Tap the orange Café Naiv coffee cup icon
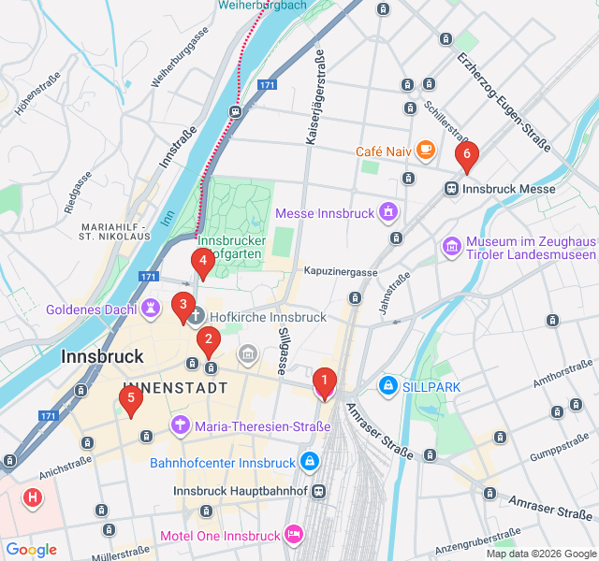pyautogui.click(x=425, y=150)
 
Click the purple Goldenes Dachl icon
pyautogui.click(x=151, y=308)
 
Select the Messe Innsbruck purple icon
pyautogui.click(x=387, y=213)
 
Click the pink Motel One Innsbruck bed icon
pyautogui.click(x=294, y=535)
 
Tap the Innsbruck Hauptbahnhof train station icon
pyautogui.click(x=320, y=491)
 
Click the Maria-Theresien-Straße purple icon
pyautogui.click(x=180, y=426)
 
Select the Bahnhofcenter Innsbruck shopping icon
pyautogui.click(x=310, y=462)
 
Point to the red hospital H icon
pyautogui.click(x=33, y=497)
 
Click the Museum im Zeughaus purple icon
pyautogui.click(x=452, y=246)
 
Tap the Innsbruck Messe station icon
pyautogui.click(x=451, y=189)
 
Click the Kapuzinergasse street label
pyautogui.click(x=340, y=272)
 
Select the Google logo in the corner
pyautogui.click(x=31, y=550)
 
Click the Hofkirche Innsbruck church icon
pyautogui.click(x=197, y=317)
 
